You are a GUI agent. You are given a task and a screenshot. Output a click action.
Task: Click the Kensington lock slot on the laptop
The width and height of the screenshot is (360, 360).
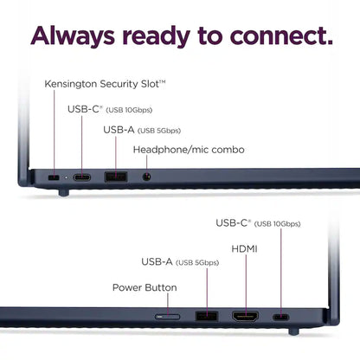(54, 177)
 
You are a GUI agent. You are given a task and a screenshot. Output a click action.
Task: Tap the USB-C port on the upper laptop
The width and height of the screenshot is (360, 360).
(82, 177)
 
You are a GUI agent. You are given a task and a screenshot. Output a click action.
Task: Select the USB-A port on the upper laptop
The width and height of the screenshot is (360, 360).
(116, 177)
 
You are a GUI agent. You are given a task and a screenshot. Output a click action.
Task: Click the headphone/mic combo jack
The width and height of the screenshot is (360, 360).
(147, 177)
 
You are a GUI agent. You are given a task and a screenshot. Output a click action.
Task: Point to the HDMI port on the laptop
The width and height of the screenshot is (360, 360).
(246, 317)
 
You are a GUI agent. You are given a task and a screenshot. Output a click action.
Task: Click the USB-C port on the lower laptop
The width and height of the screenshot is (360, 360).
(280, 318)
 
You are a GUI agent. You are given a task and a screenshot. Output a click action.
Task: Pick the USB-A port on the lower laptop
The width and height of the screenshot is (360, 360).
(207, 316)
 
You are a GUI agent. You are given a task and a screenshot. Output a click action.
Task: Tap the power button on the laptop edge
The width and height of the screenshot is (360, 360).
(168, 317)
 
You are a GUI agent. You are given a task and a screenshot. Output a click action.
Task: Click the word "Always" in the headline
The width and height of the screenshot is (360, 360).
(73, 36)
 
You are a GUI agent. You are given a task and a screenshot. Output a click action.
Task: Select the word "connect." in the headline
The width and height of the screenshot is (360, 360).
(281, 35)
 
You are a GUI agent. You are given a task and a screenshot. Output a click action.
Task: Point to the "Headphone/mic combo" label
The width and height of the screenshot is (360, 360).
(189, 150)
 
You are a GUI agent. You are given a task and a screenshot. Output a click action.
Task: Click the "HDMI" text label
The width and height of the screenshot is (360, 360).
(244, 248)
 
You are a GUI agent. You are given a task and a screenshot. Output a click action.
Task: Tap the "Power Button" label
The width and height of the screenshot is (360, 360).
(145, 287)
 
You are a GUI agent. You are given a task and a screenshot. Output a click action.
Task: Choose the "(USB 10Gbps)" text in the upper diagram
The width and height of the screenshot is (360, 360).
(129, 110)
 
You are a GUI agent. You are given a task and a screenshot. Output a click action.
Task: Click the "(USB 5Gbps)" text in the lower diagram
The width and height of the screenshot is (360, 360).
(197, 263)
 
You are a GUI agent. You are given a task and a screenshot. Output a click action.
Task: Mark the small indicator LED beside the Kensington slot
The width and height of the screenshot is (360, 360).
(66, 177)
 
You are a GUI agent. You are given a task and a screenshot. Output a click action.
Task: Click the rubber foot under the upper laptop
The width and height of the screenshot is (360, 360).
(64, 192)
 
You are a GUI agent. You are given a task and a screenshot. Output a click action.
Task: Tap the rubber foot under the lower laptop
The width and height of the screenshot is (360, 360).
(293, 331)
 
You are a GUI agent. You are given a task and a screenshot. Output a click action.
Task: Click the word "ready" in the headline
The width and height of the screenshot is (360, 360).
(156, 37)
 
